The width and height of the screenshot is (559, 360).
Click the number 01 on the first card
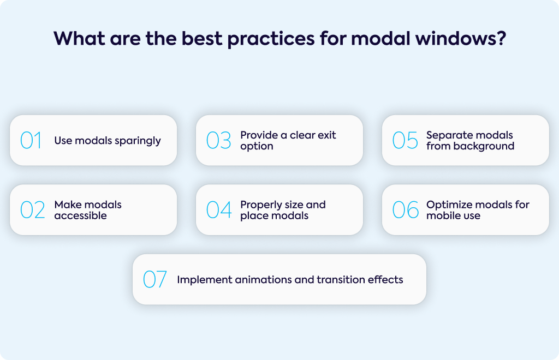[31, 140]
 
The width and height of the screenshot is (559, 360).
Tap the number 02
[33, 210]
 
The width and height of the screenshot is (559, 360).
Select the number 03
[219, 140]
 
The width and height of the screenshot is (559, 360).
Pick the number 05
[405, 140]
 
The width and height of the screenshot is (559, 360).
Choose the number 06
[406, 210]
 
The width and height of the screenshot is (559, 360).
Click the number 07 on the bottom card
[154, 279]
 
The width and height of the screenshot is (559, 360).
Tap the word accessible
[81, 215]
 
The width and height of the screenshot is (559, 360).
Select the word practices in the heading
[271, 39]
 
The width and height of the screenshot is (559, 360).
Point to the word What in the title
[80, 38]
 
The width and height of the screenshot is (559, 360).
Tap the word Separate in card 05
[448, 136]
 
